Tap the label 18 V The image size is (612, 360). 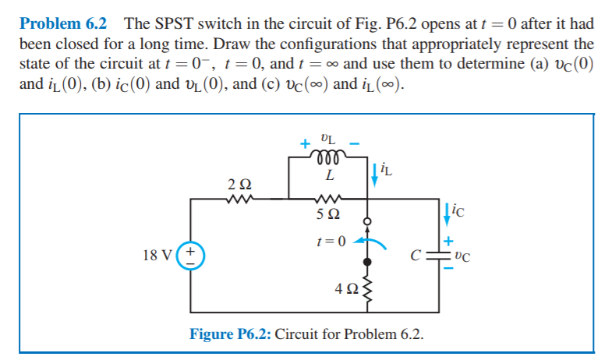click(158, 254)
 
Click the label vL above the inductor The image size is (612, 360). click(328, 139)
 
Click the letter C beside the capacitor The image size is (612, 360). click(419, 254)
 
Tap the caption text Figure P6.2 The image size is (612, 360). click(231, 334)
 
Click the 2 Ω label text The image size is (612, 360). click(240, 184)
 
